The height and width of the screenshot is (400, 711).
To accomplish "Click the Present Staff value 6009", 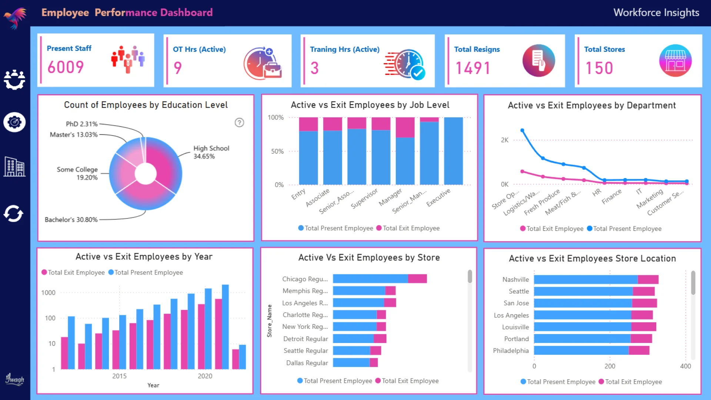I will pyautogui.click(x=66, y=67).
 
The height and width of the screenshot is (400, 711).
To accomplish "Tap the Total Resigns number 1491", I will pyautogui.click(x=473, y=68).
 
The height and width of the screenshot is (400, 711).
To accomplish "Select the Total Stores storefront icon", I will pyautogui.click(x=675, y=61).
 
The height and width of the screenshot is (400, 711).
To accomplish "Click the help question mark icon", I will pyautogui.click(x=239, y=123).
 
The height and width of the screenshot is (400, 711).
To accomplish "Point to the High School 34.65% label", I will pyautogui.click(x=211, y=152).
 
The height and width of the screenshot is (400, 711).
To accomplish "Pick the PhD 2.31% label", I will pyautogui.click(x=81, y=124).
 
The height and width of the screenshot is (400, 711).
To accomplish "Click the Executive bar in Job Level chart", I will pyautogui.click(x=453, y=151).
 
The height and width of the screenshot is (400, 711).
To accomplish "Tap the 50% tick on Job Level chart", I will pyautogui.click(x=277, y=151).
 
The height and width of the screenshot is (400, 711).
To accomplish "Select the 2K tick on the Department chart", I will pyautogui.click(x=504, y=140).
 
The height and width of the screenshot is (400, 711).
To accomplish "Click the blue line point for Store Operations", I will pyautogui.click(x=522, y=130).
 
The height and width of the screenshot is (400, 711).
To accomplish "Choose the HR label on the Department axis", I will pyautogui.click(x=596, y=193).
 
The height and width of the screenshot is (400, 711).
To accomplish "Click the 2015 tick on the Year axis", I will pyautogui.click(x=119, y=376).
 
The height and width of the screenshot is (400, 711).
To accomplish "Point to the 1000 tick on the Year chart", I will pyautogui.click(x=48, y=293).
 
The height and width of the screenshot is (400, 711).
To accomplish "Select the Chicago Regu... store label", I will pyautogui.click(x=305, y=279).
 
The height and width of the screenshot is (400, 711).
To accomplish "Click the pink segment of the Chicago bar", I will pyautogui.click(x=417, y=279).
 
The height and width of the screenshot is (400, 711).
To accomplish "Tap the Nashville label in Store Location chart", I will pyautogui.click(x=515, y=280).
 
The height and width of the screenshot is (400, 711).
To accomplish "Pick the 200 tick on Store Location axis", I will pyautogui.click(x=610, y=366).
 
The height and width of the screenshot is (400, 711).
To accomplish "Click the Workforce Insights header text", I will pyautogui.click(x=656, y=13).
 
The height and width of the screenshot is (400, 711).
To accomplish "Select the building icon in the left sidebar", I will pyautogui.click(x=14, y=167).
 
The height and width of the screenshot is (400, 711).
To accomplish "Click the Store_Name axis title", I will pyautogui.click(x=270, y=321).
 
